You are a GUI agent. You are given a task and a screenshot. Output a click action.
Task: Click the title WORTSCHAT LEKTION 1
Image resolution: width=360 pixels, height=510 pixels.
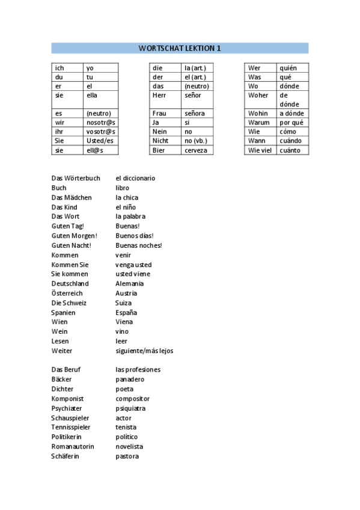180,48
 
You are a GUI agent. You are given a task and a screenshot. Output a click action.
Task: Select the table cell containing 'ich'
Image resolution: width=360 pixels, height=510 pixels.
67,68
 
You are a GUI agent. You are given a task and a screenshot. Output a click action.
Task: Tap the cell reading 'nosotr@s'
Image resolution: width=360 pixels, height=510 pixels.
100,123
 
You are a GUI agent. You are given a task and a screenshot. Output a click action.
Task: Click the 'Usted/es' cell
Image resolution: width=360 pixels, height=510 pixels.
100,141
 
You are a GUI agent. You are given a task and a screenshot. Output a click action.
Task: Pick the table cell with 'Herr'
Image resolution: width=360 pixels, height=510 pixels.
165,95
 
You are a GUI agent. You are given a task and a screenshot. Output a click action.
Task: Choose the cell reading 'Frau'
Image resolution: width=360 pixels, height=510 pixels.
165,113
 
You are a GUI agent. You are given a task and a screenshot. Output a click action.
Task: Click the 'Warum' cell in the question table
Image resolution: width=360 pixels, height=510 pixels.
260,123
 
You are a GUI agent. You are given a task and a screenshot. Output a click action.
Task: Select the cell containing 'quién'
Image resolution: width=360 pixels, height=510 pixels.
292,68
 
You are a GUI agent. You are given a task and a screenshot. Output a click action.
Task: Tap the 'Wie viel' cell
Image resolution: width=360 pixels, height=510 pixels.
260,150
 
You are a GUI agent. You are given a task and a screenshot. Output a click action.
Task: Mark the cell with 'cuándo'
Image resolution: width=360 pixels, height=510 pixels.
292,141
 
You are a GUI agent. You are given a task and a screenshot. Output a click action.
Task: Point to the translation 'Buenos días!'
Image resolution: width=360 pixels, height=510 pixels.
135,236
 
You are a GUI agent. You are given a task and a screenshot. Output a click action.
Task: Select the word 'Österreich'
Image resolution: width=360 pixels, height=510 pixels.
67,293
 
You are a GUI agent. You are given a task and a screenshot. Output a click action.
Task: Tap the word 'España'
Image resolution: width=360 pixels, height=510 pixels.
126,312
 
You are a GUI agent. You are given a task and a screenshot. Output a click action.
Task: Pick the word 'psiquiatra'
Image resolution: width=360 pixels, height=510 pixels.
130,408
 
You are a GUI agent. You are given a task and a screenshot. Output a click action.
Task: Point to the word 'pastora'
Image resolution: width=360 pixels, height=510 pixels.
127,456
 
